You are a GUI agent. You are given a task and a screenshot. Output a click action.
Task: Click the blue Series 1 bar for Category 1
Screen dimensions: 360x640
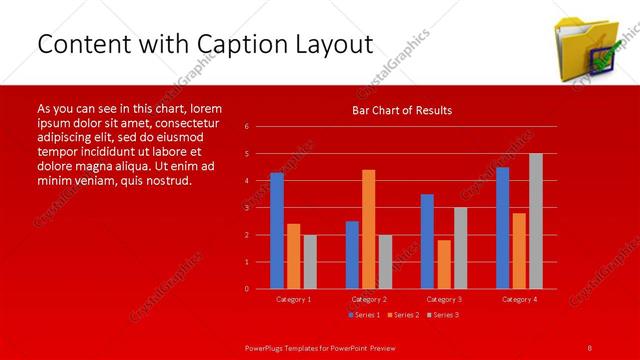click(277, 230)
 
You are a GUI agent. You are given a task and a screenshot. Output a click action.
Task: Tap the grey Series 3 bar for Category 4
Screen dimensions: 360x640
click(536, 221)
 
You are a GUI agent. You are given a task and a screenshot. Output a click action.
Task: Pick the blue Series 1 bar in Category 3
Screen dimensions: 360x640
click(427, 241)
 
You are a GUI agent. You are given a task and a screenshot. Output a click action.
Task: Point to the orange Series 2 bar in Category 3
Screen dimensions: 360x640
click(444, 264)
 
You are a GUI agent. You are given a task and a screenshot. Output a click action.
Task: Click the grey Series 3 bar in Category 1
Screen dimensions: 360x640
click(310, 261)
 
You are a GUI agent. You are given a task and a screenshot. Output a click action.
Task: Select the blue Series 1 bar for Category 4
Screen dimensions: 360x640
click(502, 227)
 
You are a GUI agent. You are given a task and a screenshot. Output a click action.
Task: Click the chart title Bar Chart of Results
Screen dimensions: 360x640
click(401, 110)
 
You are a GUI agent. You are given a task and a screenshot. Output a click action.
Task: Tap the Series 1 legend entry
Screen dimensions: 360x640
click(365, 315)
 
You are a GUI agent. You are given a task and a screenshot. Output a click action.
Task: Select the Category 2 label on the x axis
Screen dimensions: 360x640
click(369, 299)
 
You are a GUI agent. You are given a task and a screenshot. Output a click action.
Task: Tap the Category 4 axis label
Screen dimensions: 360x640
click(519, 299)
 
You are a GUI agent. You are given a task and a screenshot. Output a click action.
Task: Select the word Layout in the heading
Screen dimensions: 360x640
click(338, 44)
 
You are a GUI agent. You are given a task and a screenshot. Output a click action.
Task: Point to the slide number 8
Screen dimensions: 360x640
click(590, 346)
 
